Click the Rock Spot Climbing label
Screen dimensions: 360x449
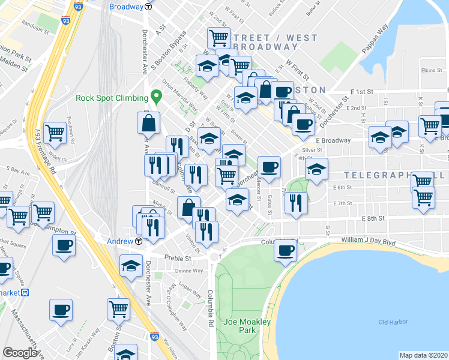click(x=112, y=98)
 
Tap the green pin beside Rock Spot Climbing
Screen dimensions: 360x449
click(x=157, y=95)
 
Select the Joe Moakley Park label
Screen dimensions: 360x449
click(x=247, y=326)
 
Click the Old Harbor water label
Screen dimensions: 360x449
click(x=393, y=323)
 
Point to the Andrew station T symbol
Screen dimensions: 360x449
click(x=139, y=241)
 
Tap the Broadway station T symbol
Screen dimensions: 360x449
click(x=148, y=7)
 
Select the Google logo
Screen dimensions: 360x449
click(x=20, y=353)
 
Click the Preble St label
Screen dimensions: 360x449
click(x=178, y=259)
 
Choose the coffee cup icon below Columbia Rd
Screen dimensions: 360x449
click(x=285, y=250)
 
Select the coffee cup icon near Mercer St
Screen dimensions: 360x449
click(x=270, y=166)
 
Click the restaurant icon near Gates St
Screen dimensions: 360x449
click(x=296, y=202)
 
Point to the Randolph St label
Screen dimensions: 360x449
click(x=36, y=28)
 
